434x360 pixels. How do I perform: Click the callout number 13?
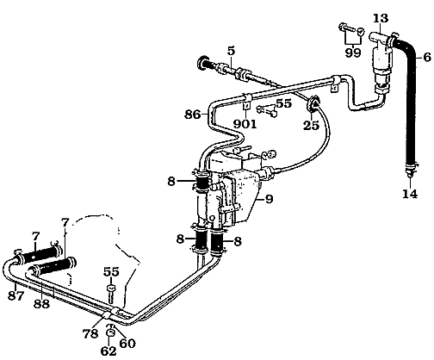pyautogui.click(x=380, y=17)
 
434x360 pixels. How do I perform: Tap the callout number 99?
pyautogui.click(x=351, y=53)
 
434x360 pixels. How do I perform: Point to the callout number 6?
pyautogui.click(x=424, y=58)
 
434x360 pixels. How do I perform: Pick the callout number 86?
pyautogui.click(x=194, y=112)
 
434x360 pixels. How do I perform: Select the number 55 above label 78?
pyautogui.click(x=109, y=270)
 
